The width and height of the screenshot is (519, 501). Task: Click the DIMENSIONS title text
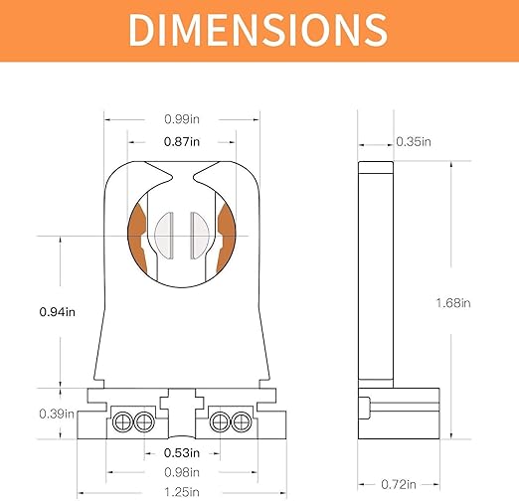point(259,30)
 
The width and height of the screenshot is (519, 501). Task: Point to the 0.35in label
point(412,142)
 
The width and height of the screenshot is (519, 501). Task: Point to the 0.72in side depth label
point(396,484)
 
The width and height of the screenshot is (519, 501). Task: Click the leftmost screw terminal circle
point(125,419)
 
